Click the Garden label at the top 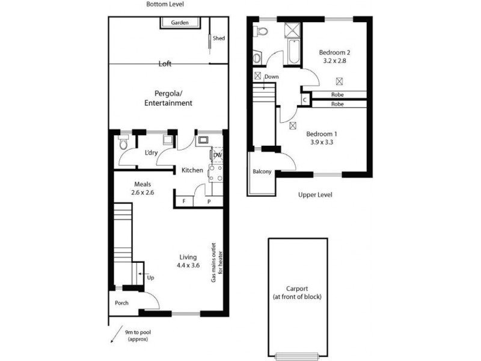click(x=180, y=23)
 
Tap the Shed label click(x=219, y=39)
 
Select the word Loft click(x=167, y=63)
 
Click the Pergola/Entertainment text click(x=168, y=99)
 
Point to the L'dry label click(x=150, y=153)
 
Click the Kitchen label click(x=192, y=171)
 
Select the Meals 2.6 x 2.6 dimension click(x=142, y=193)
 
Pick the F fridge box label click(x=183, y=202)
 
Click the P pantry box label click(x=209, y=202)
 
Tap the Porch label click(x=122, y=303)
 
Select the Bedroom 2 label click(x=335, y=52)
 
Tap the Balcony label click(x=262, y=172)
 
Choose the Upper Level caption click(x=315, y=195)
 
